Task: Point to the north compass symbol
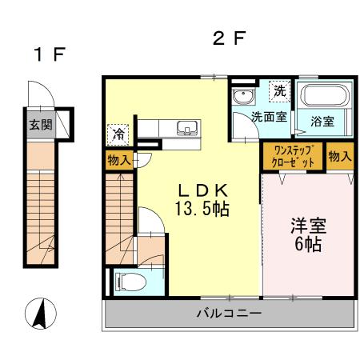coord(41,313)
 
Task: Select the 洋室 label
coord(307,226)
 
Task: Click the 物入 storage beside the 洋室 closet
coord(339,156)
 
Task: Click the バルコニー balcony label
coord(229,314)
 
